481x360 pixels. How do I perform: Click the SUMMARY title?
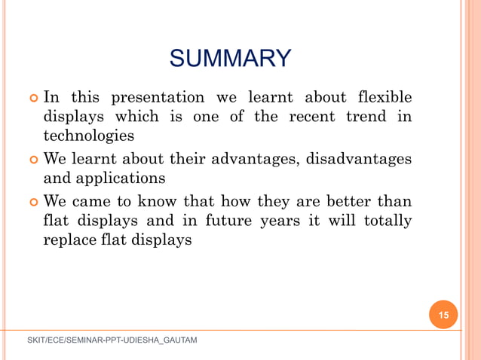click(x=230, y=58)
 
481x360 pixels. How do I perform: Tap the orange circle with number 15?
click(x=443, y=315)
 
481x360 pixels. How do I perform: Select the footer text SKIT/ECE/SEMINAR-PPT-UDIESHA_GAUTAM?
click(x=112, y=341)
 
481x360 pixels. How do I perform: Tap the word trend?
click(x=367, y=117)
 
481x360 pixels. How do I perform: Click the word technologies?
click(x=89, y=136)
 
